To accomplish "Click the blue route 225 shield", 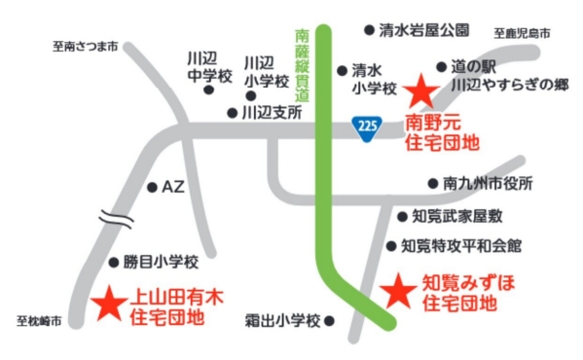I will coord(366,126).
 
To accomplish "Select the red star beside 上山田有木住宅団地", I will coord(107,304).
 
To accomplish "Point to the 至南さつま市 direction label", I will coord(85,45).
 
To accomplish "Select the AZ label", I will coord(172,186).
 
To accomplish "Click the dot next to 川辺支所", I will coord(232,113).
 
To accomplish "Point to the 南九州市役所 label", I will coord(488,183).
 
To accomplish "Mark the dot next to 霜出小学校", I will coord(329,319).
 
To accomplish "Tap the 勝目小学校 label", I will coord(161,262).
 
